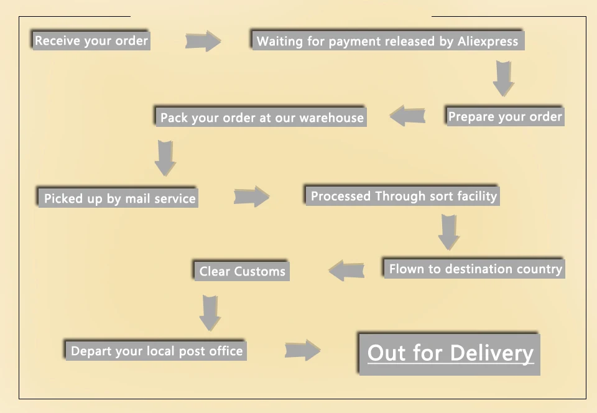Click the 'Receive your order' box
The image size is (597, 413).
91,41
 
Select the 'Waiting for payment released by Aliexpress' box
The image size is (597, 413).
387,42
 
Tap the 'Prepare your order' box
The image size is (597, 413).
505,116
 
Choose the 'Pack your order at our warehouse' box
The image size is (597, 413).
261,118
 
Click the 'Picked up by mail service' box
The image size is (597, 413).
118,198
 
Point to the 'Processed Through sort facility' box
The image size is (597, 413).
403,196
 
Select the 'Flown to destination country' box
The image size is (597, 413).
474,269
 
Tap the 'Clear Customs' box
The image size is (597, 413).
242,271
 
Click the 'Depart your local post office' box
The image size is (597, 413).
156,351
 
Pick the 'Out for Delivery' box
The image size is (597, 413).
450,354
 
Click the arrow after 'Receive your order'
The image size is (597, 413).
203,41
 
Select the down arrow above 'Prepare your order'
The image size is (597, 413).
503,78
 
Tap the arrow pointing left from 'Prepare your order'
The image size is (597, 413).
407,116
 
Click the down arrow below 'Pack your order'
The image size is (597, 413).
165,158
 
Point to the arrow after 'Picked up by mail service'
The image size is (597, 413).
251,197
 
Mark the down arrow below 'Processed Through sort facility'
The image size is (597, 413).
448,232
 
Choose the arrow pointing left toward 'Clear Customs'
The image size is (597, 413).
346,271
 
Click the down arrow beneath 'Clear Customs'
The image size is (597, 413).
210,313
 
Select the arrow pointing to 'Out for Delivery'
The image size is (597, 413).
302,350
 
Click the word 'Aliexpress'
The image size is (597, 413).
488,42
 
